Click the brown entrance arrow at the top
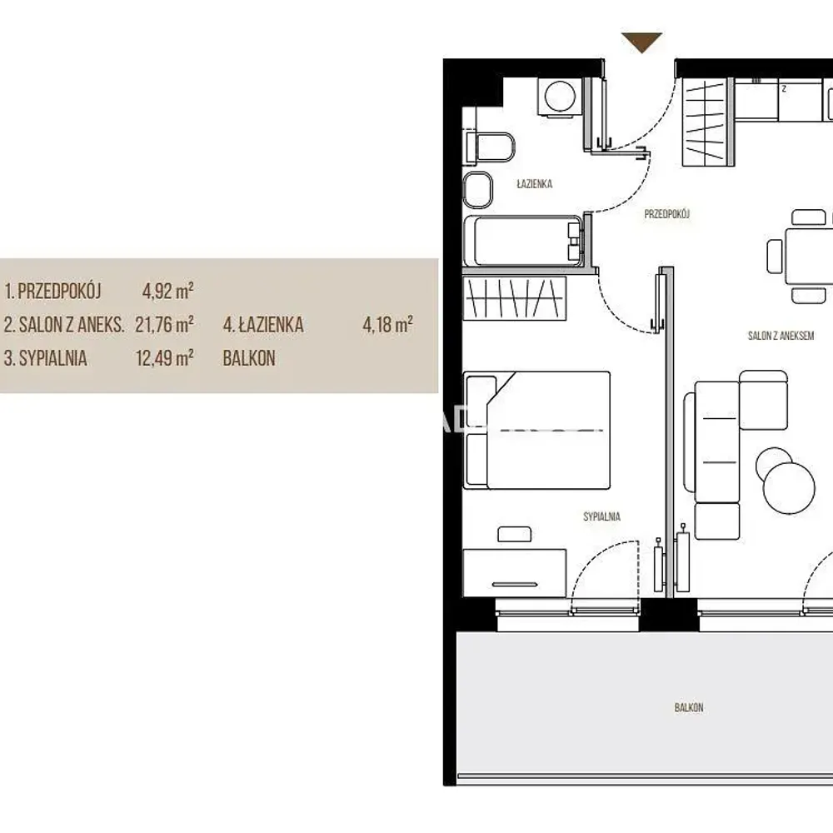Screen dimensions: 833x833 [x=641, y=42]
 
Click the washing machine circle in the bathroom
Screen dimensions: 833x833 [x=560, y=96]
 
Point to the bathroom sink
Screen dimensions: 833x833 [x=477, y=189]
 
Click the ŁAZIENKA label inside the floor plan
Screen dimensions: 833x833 [x=535, y=184]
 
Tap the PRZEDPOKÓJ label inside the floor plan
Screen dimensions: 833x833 [x=666, y=214]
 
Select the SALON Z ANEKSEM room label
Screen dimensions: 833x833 [x=781, y=336]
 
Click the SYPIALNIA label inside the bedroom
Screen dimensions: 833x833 [x=601, y=516]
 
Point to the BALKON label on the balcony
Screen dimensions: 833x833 [x=689, y=707]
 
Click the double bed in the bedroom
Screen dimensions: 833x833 [x=536, y=431]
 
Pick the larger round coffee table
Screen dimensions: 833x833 [x=789, y=487]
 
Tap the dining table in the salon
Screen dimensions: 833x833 [x=809, y=256]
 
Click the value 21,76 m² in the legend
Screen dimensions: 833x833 [x=164, y=324]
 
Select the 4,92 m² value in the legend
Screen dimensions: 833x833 [x=168, y=291]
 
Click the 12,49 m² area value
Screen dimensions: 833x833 [x=164, y=358]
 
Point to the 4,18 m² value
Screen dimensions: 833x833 [x=388, y=324]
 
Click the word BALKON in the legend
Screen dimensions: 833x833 [x=249, y=358]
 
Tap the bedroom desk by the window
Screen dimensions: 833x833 [x=514, y=573]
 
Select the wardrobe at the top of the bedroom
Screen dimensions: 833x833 [x=514, y=298]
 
